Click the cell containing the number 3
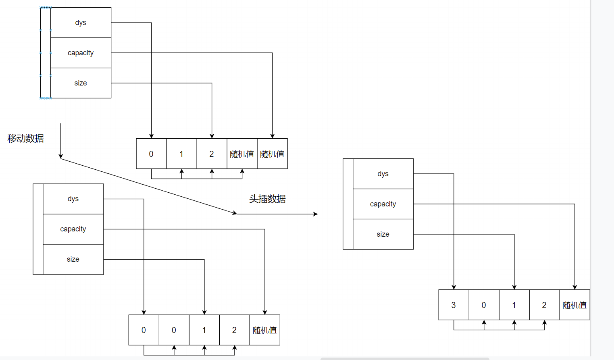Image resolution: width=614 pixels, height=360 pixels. click(454, 305)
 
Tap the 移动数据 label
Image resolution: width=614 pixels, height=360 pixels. click(25, 138)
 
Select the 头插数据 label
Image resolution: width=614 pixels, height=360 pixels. click(267, 199)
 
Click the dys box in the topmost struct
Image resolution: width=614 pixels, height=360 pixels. click(81, 23)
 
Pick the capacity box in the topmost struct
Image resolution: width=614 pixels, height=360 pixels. click(81, 53)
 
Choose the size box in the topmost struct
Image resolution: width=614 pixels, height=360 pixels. click(81, 83)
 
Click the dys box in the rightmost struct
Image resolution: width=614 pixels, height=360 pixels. click(383, 174)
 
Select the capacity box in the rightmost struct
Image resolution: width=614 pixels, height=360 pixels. click(383, 204)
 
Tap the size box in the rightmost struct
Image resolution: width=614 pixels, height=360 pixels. click(383, 234)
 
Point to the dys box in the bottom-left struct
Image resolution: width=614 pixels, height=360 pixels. click(73, 199)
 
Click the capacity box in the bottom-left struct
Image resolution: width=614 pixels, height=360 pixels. click(73, 229)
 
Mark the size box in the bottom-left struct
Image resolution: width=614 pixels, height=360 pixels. click(73, 259)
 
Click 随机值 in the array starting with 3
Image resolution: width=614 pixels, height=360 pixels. click(574, 305)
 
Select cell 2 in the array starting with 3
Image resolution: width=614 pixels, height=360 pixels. click(544, 305)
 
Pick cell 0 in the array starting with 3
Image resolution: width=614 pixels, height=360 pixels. click(484, 305)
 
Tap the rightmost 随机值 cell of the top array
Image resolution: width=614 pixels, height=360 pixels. click(272, 154)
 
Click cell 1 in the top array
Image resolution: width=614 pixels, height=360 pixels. click(181, 154)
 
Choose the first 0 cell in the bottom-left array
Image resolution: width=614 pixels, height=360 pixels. click(144, 330)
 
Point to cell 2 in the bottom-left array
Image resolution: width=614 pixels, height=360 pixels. click(234, 330)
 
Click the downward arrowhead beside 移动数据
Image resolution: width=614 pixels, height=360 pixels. click(61, 156)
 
